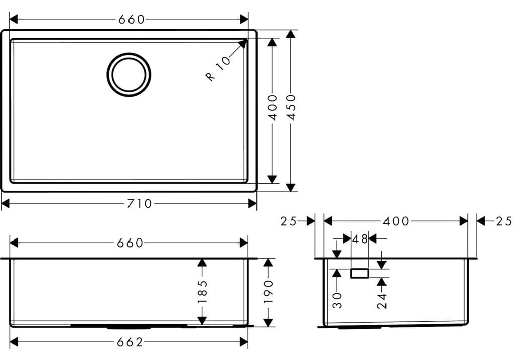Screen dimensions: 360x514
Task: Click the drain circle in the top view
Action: point(129,74)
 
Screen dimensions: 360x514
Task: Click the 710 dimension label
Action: point(140,203)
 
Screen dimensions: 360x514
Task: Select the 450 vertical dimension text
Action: point(291,106)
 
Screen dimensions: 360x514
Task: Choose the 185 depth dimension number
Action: point(202,292)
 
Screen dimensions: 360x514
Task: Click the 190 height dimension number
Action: point(268,292)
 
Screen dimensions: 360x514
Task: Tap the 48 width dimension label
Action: point(360,238)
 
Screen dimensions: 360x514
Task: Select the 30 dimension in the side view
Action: point(337,300)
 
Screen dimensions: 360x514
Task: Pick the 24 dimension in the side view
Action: point(382,300)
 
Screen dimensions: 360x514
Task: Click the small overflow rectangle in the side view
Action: point(360,273)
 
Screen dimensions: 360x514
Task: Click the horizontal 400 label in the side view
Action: point(396,221)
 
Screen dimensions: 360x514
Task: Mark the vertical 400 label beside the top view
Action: point(272,106)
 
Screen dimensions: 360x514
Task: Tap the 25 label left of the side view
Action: point(289,221)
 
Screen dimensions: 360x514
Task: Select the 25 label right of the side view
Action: point(503,221)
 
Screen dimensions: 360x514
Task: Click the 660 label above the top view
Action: point(132,19)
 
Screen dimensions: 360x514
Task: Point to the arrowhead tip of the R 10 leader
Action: point(246,40)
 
